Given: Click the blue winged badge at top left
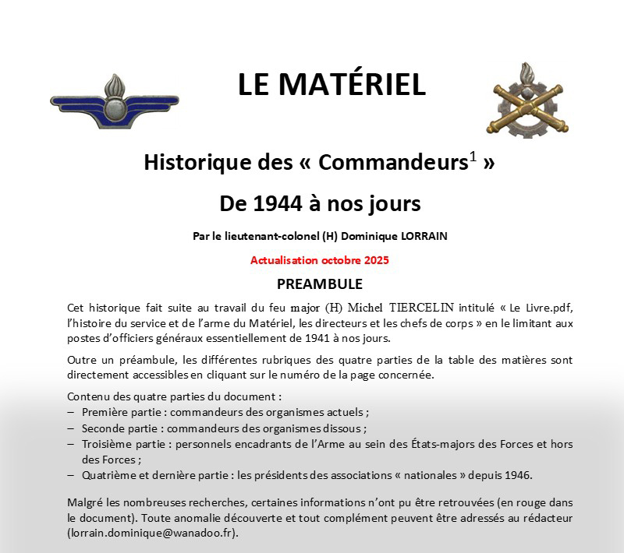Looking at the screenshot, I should coord(114,100).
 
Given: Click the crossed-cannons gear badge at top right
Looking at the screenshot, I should coord(521,100).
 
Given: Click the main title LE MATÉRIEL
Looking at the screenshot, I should coord(331,85).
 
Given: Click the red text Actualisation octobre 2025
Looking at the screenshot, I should coord(320,260).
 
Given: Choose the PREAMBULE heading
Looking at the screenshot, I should coord(320,284).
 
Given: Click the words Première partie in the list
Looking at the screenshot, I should coord(118,411).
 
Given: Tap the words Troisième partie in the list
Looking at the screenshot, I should coord(119,444).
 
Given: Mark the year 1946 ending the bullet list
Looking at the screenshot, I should coord(518,475).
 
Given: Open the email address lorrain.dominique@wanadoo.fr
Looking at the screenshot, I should coord(152,534).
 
